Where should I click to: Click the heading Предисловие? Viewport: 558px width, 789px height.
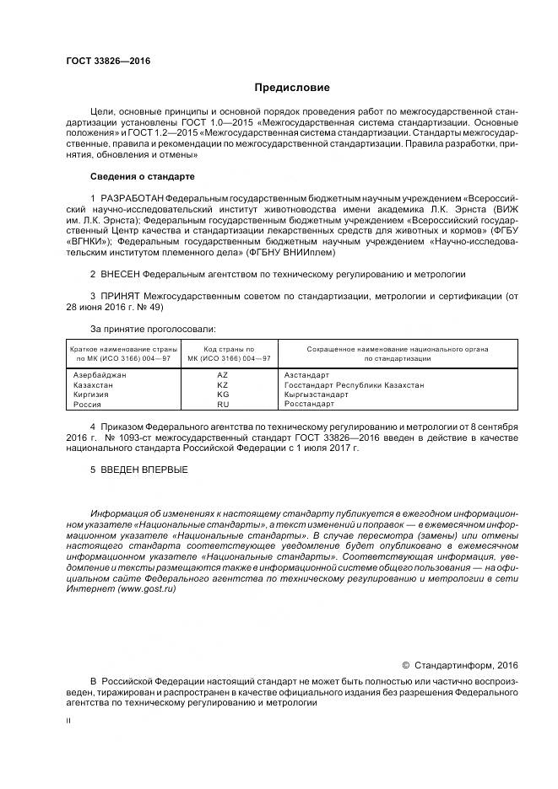292,88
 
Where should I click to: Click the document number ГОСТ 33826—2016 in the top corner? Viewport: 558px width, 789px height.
102,62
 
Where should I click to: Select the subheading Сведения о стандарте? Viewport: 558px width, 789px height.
142,177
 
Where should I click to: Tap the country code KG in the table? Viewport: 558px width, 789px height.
223,394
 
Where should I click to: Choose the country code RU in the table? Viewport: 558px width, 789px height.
223,405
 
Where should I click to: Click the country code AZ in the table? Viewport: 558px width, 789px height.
223,374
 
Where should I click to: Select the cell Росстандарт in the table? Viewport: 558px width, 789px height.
309,405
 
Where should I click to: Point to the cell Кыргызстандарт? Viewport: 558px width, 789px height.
316,394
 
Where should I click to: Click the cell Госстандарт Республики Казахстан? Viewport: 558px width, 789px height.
354,384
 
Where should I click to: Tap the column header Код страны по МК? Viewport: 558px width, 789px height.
223,353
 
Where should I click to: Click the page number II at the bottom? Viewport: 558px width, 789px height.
68,722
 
